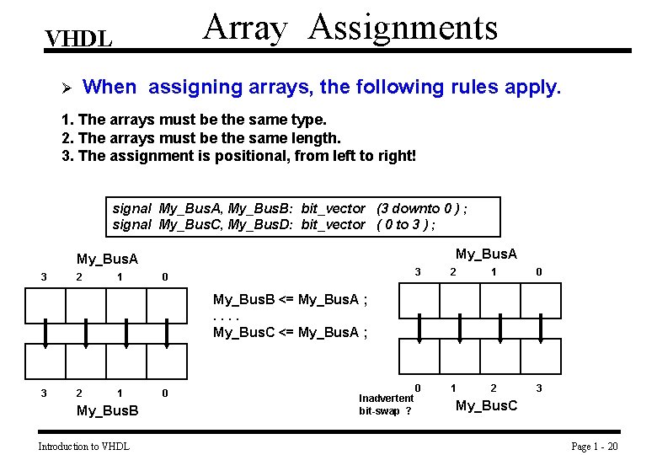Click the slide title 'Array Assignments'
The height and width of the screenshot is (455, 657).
click(x=350, y=27)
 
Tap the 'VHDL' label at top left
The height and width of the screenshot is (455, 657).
click(x=78, y=40)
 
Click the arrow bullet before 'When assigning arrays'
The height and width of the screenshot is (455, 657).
click(x=71, y=88)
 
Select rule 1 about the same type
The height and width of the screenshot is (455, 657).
click(x=195, y=120)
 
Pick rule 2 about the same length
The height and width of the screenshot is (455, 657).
click(x=201, y=138)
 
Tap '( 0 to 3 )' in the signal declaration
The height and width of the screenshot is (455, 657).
click(x=406, y=224)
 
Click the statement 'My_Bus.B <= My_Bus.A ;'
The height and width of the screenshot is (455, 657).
click(x=290, y=299)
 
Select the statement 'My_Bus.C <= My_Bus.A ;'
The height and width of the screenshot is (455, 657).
click(x=290, y=332)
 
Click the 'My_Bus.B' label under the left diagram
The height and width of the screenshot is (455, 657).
click(x=107, y=410)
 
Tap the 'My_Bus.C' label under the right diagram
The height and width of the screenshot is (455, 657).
click(x=487, y=406)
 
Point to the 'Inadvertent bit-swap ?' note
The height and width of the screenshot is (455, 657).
click(x=386, y=404)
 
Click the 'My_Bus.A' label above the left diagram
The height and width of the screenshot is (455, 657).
click(x=107, y=259)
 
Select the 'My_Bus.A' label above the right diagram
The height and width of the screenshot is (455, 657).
click(x=487, y=254)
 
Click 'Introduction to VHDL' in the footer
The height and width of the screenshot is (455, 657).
click(x=83, y=446)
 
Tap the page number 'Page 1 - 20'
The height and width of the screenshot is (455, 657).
click(x=594, y=446)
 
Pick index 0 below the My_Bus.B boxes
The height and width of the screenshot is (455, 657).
click(x=164, y=393)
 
